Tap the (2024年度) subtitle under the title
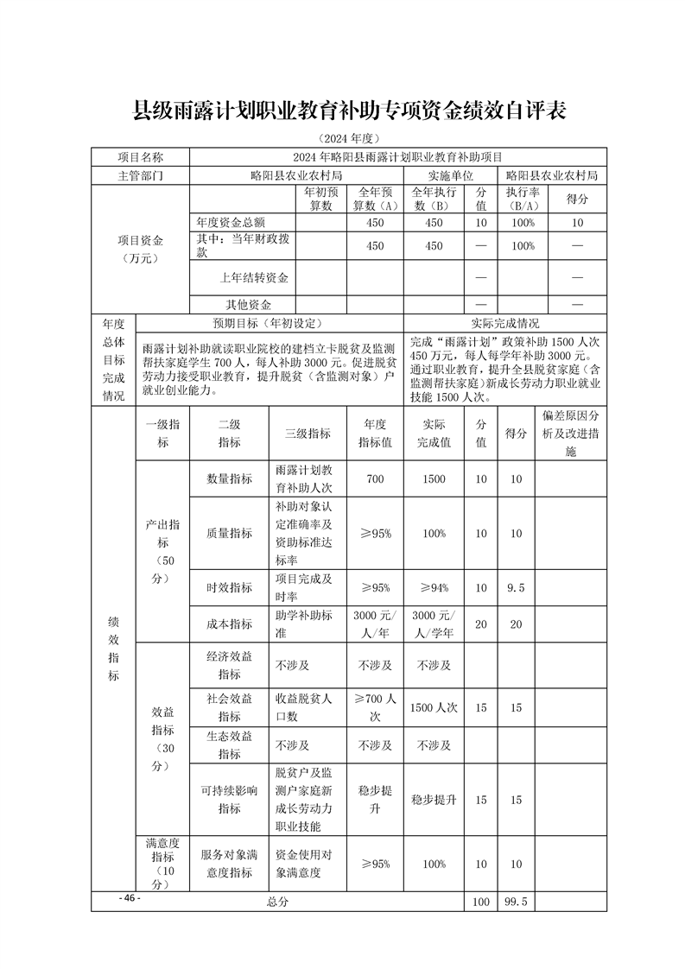coord(348,138)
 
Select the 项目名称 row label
coord(140,157)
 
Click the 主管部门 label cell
coord(140,174)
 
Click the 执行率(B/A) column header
coord(523,199)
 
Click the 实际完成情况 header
coord(504,323)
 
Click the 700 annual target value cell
coord(376,478)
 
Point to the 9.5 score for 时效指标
coord(516,587)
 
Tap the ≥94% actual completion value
coord(434,587)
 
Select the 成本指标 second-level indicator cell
coord(229,624)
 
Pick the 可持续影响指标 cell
coord(229,800)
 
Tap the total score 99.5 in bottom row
coord(516,902)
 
